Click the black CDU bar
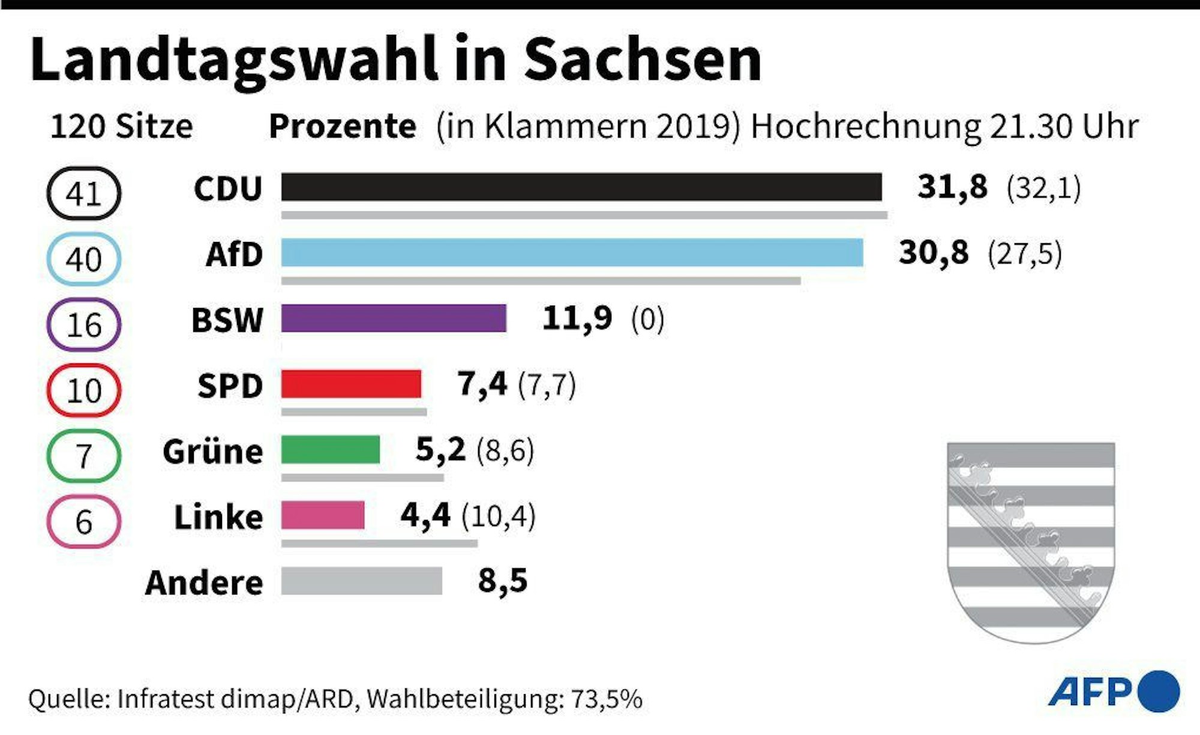click(581, 187)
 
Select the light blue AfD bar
click(572, 252)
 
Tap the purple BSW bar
click(394, 318)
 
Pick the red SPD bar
click(351, 384)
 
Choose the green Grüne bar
click(331, 450)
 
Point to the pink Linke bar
click(323, 515)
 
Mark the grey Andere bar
click(361, 581)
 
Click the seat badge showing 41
click(84, 193)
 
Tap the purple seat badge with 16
click(84, 325)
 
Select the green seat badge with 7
click(84, 456)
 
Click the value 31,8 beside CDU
click(952, 187)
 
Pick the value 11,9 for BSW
click(577, 318)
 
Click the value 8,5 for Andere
click(503, 581)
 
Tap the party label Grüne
click(213, 452)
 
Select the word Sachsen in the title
click(643, 60)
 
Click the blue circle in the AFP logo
click(1158, 691)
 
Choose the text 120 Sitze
click(122, 127)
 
